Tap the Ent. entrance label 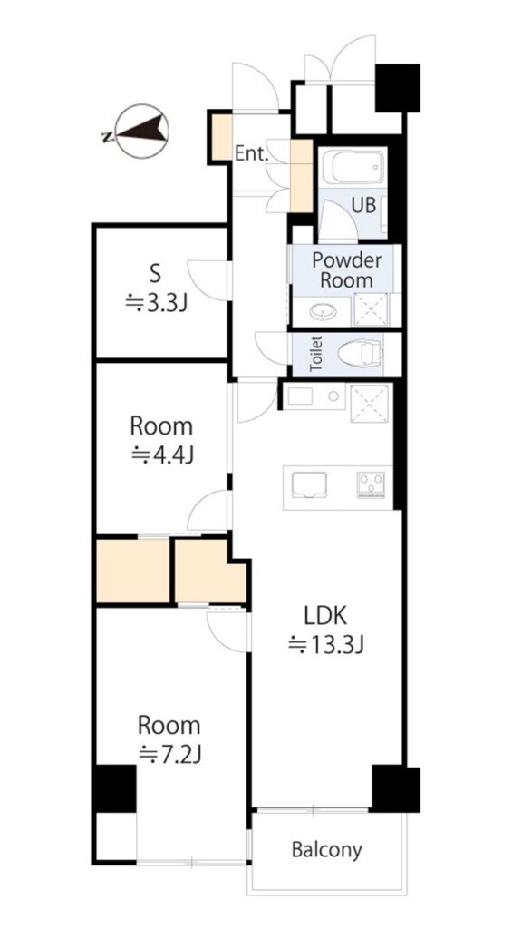point(252,154)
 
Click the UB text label point(364,205)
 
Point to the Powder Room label point(347,269)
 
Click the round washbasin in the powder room point(322,310)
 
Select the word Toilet point(316,354)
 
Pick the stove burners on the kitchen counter point(371,483)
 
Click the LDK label point(325,617)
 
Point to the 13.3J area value point(325,644)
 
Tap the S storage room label point(155,275)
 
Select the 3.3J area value point(156,304)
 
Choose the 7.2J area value point(170,754)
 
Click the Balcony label point(326,850)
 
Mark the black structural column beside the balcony point(396,789)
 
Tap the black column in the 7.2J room point(114,788)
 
